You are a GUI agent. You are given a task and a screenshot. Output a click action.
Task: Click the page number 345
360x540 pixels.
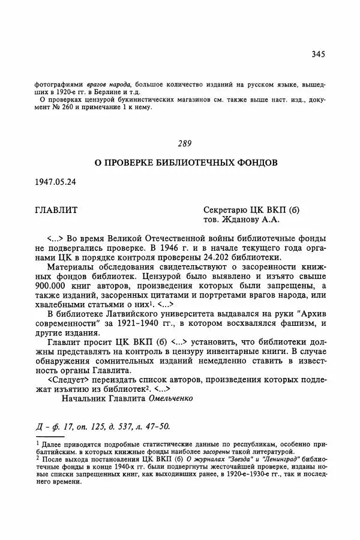point(318,54)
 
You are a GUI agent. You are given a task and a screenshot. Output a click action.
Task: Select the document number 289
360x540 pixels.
point(184,143)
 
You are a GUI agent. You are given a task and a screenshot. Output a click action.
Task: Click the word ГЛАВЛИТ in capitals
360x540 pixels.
point(57,211)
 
